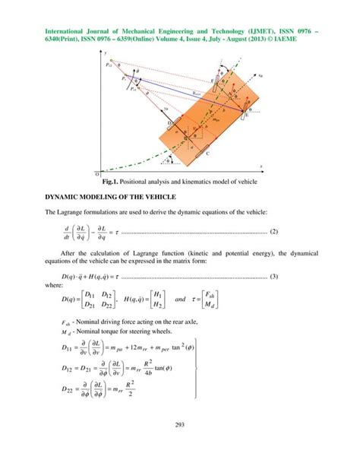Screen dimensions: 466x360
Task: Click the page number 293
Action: coord(180,445)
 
